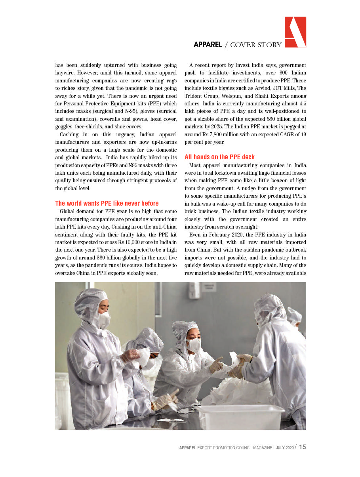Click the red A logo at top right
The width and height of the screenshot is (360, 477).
(x=295, y=32)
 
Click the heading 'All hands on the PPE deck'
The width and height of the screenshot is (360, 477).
(x=219, y=157)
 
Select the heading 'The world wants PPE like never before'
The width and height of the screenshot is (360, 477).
(x=107, y=204)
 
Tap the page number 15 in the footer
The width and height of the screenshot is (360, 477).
(x=302, y=447)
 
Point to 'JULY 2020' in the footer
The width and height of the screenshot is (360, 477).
(x=285, y=448)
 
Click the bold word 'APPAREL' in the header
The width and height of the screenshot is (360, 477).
(x=208, y=45)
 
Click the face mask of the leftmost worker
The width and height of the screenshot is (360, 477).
(x=104, y=319)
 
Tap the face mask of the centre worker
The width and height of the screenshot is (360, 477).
(x=194, y=345)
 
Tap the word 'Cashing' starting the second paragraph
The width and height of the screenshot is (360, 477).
(x=70, y=135)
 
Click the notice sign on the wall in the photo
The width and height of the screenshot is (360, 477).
(x=208, y=287)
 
